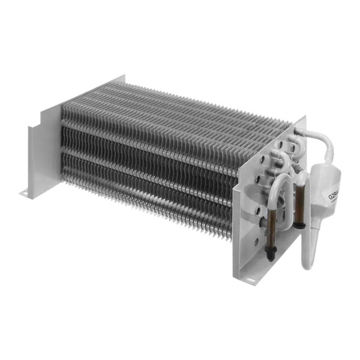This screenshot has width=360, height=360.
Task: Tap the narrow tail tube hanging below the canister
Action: (308, 252)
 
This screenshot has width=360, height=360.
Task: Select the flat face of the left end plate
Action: (42, 150)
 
